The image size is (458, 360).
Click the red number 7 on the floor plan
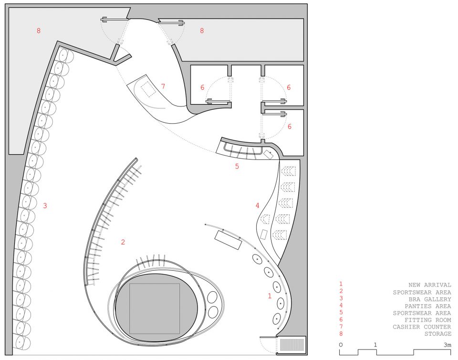(163, 86)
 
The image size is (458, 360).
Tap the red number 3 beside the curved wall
(45, 205)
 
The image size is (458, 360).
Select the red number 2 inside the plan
(123, 242)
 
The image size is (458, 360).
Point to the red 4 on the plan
(257, 205)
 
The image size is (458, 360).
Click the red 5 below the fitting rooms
(237, 166)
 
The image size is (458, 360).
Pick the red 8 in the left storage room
(39, 31)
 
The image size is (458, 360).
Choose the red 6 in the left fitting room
(202, 87)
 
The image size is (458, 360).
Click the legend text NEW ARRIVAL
(430, 285)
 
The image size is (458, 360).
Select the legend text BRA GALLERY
(430, 299)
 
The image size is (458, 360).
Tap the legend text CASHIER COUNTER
(422, 327)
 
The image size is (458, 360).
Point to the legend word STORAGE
(438, 334)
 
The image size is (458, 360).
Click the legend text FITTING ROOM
(428, 320)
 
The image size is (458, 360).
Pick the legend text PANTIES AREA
(428, 306)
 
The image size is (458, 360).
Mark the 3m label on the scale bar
(447, 345)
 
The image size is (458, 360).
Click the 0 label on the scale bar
(341, 345)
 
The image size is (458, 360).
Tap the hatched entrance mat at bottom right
(292, 345)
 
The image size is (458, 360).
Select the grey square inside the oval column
(155, 308)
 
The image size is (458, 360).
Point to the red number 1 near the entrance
(270, 296)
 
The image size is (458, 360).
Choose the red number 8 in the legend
(341, 334)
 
